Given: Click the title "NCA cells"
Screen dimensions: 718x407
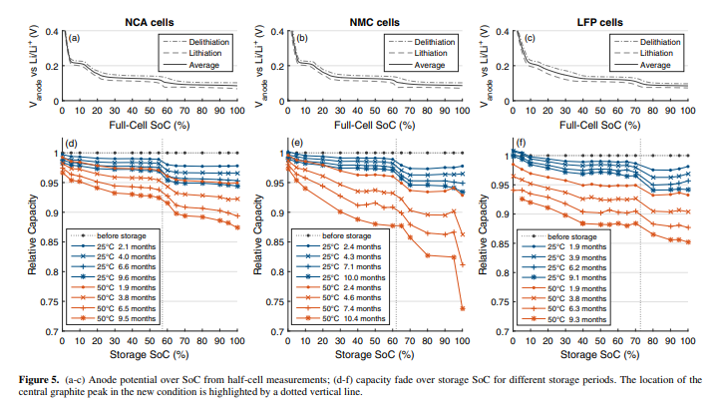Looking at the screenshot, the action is point(150,22).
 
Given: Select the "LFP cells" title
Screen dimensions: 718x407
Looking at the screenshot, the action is point(600,22).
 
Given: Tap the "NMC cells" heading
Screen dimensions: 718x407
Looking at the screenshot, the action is point(375,22).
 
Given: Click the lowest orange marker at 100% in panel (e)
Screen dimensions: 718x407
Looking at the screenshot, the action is point(463,308).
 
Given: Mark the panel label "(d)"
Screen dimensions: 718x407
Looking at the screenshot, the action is point(71,144).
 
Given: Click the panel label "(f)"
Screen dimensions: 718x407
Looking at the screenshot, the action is point(522,143).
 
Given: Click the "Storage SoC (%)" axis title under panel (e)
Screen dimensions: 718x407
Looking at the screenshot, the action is point(375,355).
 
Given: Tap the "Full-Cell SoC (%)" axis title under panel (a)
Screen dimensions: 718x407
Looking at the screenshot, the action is point(150,125).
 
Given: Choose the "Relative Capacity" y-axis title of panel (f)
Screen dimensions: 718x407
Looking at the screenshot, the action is point(483,234).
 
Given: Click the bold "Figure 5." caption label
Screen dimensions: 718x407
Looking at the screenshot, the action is point(39,380).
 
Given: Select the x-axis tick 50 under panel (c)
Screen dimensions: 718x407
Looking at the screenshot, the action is point(600,111).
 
